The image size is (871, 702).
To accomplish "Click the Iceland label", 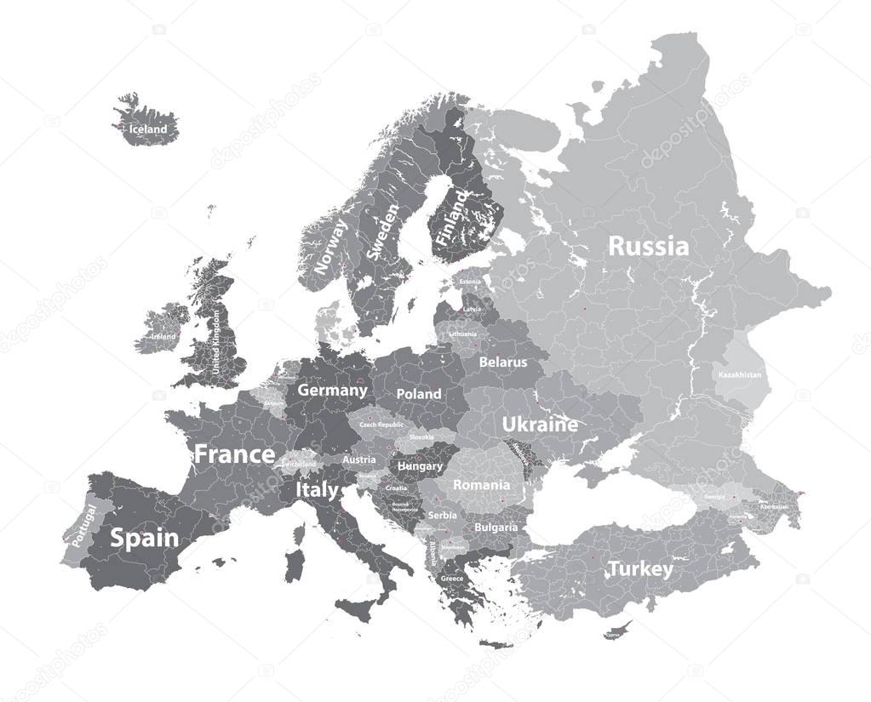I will click(x=149, y=129).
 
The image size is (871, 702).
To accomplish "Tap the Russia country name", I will click(x=649, y=247).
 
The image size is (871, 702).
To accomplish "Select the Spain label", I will click(x=145, y=538).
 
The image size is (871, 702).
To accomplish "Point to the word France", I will click(x=234, y=454).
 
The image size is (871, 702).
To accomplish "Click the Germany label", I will click(x=332, y=391).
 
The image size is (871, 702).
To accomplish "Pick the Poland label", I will click(x=419, y=394).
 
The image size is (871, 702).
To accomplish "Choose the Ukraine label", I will click(x=540, y=424).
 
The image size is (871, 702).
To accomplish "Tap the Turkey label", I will click(x=639, y=568).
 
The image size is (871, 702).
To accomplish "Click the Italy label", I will click(x=316, y=490).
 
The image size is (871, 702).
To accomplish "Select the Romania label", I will click(x=481, y=485).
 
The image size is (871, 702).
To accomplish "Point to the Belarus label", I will click(x=502, y=362).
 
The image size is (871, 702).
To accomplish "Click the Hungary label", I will click(x=420, y=466).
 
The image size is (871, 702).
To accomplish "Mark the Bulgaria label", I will click(x=496, y=528).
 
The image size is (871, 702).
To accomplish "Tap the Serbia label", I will click(x=442, y=515).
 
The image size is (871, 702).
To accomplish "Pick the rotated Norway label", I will click(x=329, y=246).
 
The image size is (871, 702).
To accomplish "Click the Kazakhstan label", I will click(x=740, y=374).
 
